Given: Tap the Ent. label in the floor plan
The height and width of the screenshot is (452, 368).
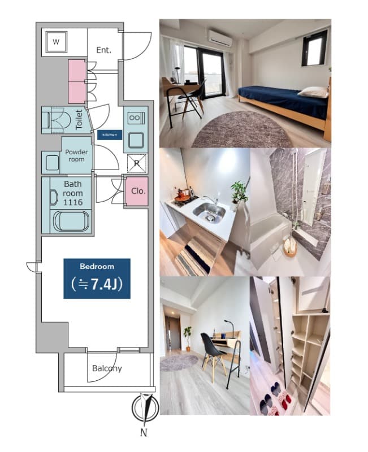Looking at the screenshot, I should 103,50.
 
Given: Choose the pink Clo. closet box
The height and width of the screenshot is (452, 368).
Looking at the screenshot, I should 138,191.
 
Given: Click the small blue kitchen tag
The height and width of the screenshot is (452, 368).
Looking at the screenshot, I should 109,135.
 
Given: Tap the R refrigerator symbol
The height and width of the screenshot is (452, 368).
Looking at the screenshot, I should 136,163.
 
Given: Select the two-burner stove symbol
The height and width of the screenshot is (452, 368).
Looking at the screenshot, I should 136,119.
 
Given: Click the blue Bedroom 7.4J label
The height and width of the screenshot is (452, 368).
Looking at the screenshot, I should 97,278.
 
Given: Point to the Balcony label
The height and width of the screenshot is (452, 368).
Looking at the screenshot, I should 107,368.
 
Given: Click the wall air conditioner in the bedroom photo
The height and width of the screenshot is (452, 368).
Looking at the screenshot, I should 220,39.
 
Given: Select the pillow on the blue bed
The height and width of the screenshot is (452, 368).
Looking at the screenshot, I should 313,92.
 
